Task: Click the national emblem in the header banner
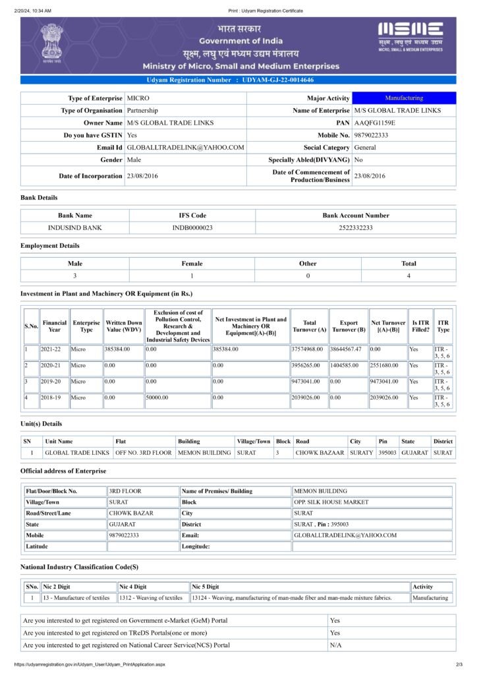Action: (50, 43)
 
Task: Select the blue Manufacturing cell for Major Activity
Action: (404, 98)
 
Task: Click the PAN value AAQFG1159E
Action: (375, 123)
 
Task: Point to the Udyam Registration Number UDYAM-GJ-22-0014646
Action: (277, 80)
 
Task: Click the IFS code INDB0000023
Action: (192, 227)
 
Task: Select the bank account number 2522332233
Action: (355, 227)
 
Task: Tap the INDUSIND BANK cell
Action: (75, 227)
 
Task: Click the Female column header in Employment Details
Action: (192, 264)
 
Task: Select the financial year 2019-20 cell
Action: (51, 382)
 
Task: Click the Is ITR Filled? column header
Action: (420, 326)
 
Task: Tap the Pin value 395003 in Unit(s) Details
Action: (387, 453)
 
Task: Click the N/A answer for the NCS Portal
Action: (335, 645)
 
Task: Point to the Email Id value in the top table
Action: (185, 148)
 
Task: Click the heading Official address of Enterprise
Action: (63, 471)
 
